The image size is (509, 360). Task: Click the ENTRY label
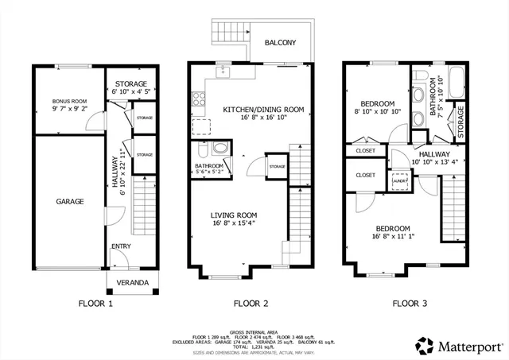coord(121,246)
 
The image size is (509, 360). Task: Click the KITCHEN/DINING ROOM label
coord(263,110)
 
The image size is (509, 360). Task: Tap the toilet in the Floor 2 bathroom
coord(203,149)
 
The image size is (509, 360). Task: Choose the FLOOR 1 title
coord(95,303)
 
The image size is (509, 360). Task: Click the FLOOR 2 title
coord(250,303)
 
